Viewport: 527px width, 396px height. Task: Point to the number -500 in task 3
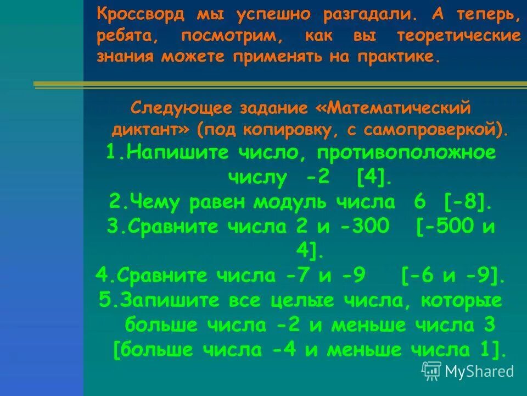[x=446, y=227]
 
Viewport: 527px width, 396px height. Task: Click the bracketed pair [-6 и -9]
[x=453, y=274]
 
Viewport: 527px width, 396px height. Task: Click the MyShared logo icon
[x=431, y=371]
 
